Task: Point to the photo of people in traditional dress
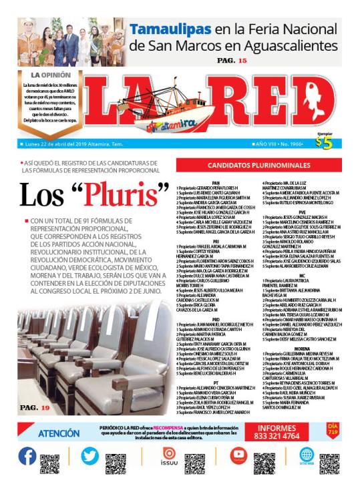point(71,41)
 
